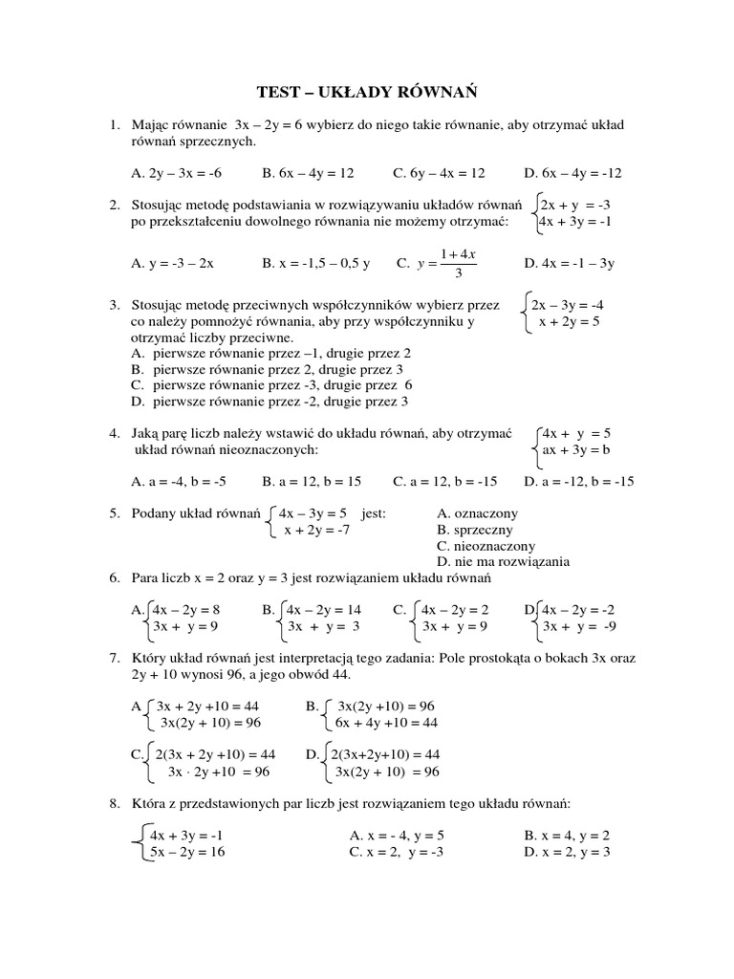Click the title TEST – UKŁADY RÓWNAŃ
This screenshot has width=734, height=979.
point(367,92)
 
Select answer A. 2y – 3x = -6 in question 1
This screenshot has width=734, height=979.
point(176,173)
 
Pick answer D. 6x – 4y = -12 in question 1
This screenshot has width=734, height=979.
point(572,173)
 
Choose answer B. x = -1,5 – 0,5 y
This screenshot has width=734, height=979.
point(315,262)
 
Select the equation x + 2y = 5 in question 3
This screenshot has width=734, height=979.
point(569,322)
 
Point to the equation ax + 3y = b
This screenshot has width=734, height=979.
point(575,449)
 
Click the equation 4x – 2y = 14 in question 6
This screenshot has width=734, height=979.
point(324,609)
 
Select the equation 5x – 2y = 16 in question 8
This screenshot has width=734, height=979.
point(186,852)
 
